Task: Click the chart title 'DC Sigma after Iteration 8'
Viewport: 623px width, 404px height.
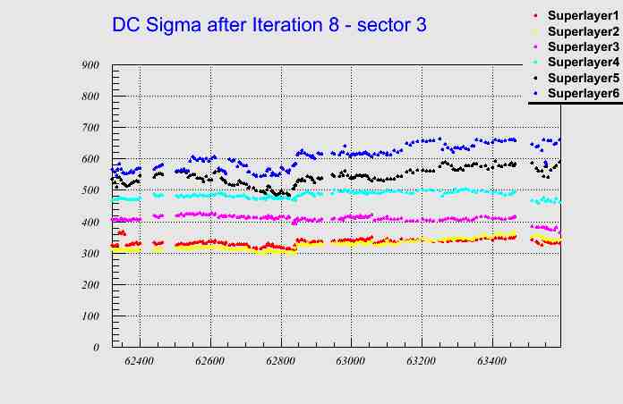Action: coord(269,25)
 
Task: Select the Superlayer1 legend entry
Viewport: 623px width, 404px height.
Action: coord(582,15)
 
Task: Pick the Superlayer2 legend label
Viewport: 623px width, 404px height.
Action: coord(582,31)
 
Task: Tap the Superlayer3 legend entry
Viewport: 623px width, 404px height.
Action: coord(582,46)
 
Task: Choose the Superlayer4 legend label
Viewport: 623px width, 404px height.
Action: coord(582,63)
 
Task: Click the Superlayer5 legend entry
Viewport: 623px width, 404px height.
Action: coord(582,78)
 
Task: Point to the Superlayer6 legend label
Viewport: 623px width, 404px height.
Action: coord(582,93)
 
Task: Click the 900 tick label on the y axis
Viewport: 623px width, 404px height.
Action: coord(90,65)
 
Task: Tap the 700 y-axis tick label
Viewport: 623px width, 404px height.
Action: coord(90,128)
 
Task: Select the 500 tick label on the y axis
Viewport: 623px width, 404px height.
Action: coord(90,190)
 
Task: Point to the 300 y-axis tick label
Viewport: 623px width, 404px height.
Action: coord(90,253)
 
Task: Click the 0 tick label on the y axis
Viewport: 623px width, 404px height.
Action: coord(96,347)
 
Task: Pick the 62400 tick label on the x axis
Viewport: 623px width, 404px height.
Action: coord(140,361)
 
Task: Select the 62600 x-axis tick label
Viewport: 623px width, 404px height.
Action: coord(210,361)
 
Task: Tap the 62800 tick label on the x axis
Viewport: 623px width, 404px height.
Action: coord(280,361)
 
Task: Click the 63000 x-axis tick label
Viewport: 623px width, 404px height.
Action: coord(351,361)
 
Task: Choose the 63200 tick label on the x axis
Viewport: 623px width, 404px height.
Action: coord(421,361)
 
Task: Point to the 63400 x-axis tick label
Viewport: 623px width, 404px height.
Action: coord(491,361)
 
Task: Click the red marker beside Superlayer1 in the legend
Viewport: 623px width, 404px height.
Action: coord(534,16)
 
